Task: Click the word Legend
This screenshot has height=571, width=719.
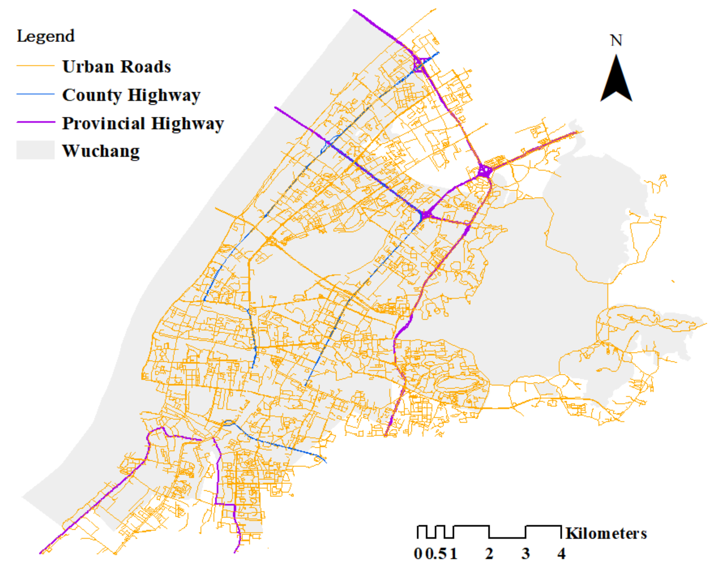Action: [x=46, y=36]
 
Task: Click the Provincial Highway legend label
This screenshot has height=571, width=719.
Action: [x=143, y=123]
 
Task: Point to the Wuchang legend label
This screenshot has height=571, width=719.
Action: [x=101, y=151]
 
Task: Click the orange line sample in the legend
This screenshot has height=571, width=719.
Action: [x=35, y=66]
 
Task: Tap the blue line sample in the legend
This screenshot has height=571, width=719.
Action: [x=35, y=94]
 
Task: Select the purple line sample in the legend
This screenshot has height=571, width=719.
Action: [x=35, y=122]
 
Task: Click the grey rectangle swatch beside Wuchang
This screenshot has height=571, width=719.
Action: [x=35, y=150]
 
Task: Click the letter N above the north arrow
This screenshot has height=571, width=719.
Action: [x=616, y=40]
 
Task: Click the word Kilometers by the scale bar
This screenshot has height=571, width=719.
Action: [x=606, y=533]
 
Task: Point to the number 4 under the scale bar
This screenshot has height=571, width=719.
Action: [x=561, y=554]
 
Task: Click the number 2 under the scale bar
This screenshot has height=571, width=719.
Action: [x=489, y=554]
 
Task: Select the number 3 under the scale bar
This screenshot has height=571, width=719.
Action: [x=526, y=554]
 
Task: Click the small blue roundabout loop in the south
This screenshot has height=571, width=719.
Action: [x=229, y=423]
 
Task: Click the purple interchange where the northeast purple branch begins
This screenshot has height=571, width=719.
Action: [x=484, y=171]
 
